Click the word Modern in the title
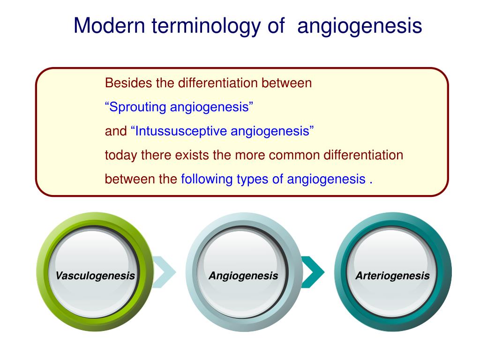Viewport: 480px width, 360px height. tap(109, 25)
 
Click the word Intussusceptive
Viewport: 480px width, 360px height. tap(181, 131)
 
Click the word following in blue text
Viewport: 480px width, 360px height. tap(207, 180)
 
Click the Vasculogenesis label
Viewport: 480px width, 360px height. tap(95, 276)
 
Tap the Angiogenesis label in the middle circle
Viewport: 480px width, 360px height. tap(243, 276)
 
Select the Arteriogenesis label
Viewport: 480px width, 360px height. tap(392, 276)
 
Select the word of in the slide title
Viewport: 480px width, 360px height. tap(276, 25)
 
